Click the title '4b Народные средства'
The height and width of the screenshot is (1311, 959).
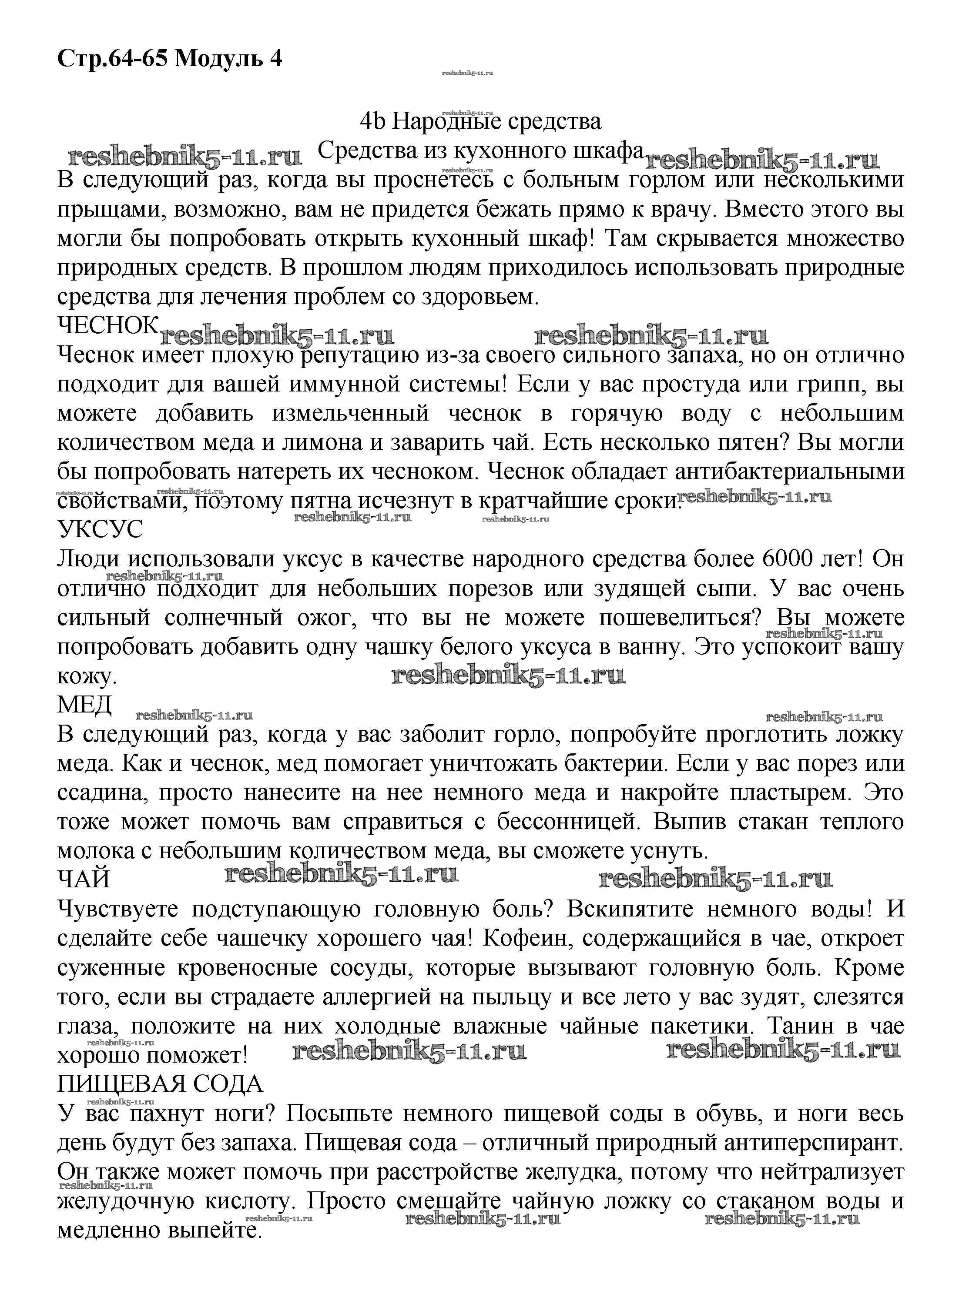point(480,122)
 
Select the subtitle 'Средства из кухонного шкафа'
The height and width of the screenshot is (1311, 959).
point(481,151)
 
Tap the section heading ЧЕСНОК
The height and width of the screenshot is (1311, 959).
point(108,325)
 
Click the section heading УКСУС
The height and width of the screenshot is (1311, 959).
point(100,530)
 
